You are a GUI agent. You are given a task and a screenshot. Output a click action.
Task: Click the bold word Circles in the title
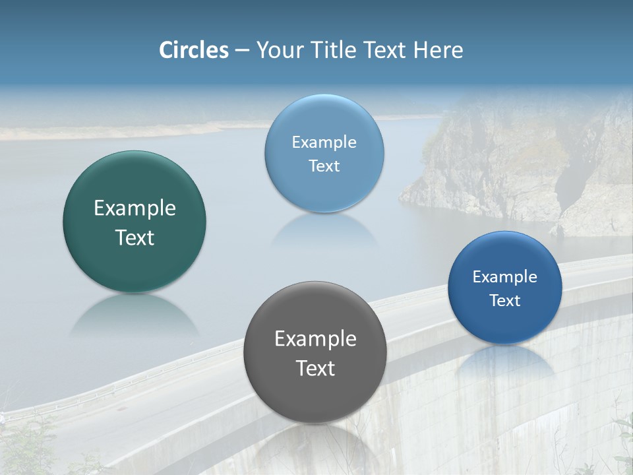tap(194, 50)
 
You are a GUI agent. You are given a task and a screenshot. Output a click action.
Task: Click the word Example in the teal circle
tap(135, 208)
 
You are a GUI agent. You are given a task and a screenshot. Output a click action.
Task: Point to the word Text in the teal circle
tap(135, 237)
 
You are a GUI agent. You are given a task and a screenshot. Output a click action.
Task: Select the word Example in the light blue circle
tap(324, 142)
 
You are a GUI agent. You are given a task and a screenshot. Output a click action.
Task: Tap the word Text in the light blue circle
tap(324, 166)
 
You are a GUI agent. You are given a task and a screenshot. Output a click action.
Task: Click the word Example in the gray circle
tap(315, 339)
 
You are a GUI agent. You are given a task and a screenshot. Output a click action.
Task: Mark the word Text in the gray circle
tap(315, 368)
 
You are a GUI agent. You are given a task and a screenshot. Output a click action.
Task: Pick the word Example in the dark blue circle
tap(505, 277)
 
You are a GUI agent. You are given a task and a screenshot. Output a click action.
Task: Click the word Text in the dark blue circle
tap(505, 301)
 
